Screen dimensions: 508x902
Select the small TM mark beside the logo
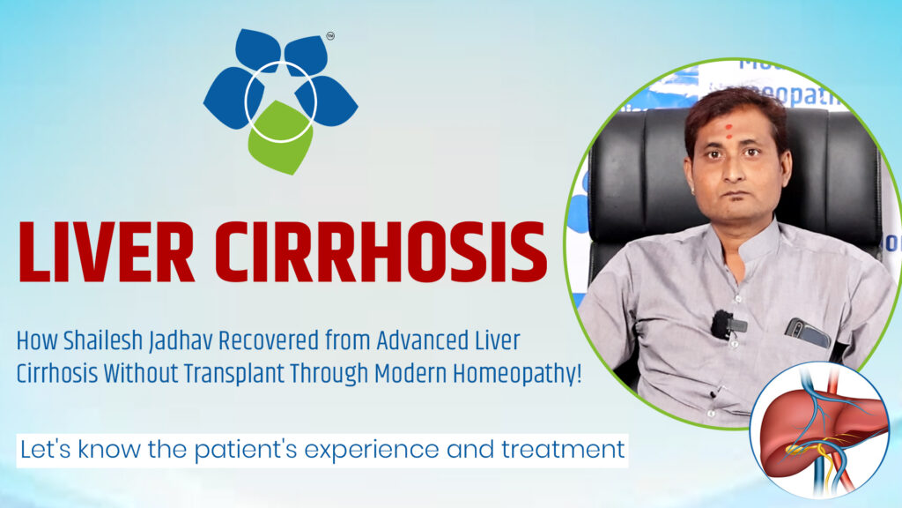330,38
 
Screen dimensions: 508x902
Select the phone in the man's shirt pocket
807,332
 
